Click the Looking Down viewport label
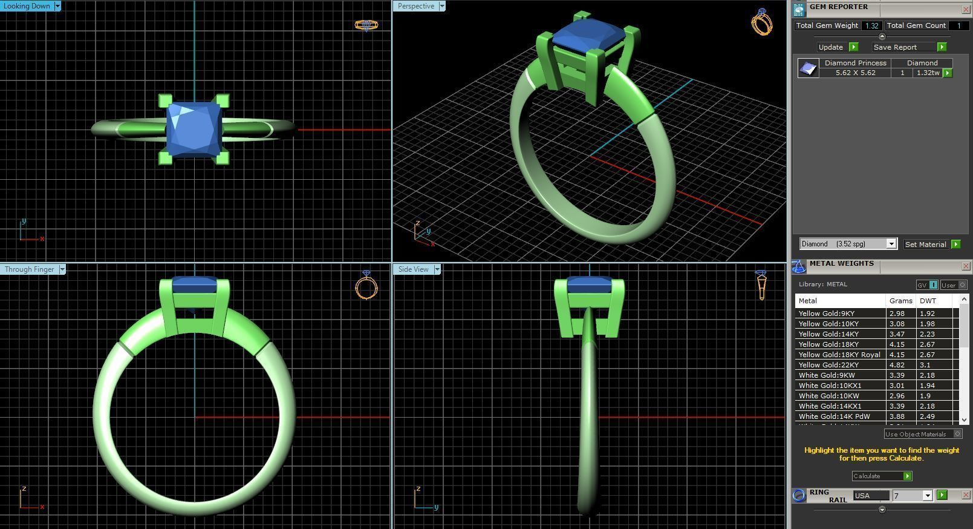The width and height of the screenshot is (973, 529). (x=27, y=6)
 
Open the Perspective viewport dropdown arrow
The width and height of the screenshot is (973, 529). (x=442, y=6)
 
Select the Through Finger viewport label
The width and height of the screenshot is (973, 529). (x=29, y=269)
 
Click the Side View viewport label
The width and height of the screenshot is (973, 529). (x=414, y=269)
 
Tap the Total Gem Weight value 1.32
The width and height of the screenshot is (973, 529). (x=871, y=25)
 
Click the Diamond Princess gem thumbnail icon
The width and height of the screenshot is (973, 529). (x=808, y=68)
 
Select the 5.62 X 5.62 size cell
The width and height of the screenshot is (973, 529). (x=855, y=73)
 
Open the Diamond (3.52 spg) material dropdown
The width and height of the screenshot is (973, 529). (x=891, y=244)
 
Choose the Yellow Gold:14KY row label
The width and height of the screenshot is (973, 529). (x=828, y=334)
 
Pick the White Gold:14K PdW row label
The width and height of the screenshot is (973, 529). (x=834, y=416)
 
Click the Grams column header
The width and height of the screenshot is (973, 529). (x=900, y=301)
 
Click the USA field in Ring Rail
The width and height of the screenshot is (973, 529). (x=871, y=496)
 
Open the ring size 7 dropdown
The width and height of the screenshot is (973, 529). (x=927, y=496)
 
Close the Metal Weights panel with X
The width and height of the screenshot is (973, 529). (x=966, y=266)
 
